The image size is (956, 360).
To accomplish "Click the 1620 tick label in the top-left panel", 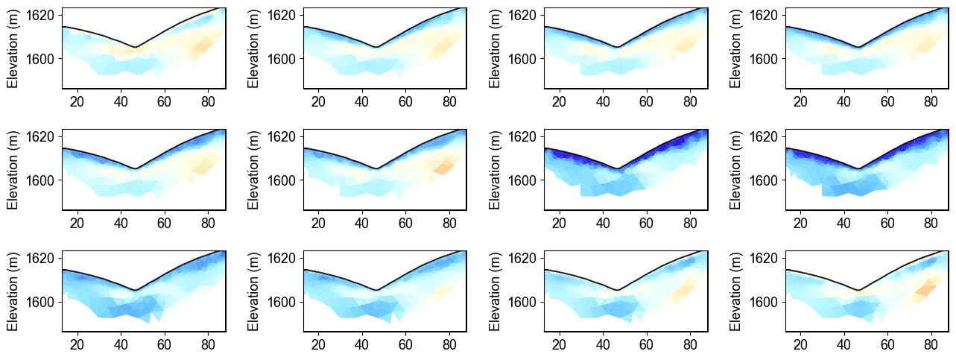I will coord(40,15).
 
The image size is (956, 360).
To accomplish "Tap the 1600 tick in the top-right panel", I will coord(764,58).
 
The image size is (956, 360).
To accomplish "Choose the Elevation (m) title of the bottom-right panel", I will coord(736,291).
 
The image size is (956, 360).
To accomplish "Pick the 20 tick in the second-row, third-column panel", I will coord(560,223).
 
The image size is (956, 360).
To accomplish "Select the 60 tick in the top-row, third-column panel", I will coord(646,101).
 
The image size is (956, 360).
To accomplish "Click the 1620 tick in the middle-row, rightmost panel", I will coord(764,136).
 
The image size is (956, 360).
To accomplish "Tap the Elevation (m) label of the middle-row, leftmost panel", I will coord(13,170).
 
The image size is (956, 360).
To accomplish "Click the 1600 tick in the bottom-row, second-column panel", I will coord(282,302).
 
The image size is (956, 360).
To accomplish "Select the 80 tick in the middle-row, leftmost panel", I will coord(207,223).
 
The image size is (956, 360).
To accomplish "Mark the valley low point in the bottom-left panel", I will coord(135,290).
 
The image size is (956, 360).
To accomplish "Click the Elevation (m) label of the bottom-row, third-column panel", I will coord(495,291).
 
